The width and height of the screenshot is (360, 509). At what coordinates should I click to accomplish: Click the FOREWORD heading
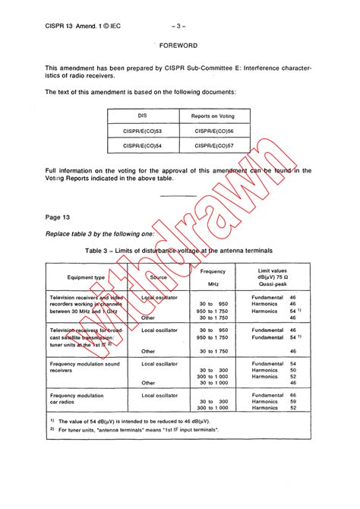(x=179, y=46)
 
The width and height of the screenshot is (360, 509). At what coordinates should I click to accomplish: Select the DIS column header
(x=141, y=115)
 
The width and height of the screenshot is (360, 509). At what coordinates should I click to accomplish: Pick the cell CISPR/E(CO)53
(x=142, y=131)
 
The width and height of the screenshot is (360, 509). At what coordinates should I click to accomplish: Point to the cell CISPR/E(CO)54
(x=142, y=145)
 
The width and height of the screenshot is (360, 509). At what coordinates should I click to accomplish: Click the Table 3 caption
(x=179, y=250)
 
